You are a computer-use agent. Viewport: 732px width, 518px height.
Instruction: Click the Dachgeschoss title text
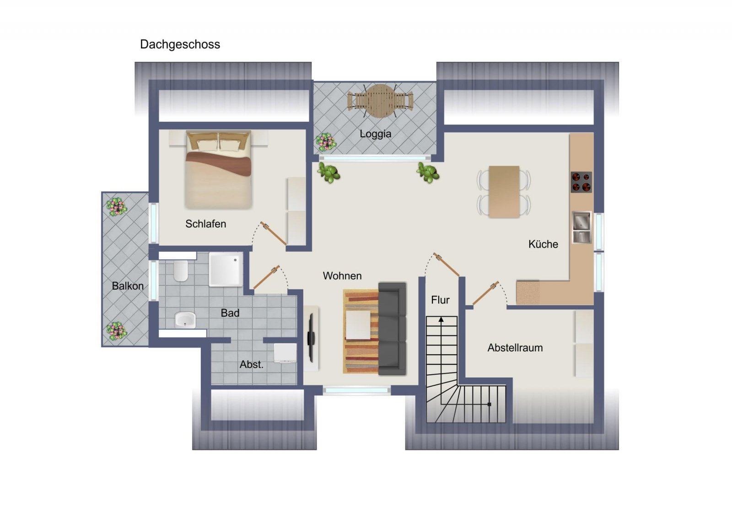pyautogui.click(x=180, y=44)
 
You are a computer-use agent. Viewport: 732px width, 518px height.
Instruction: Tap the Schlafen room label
pyautogui.click(x=205, y=224)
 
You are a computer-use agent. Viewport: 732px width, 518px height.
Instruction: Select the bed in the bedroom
pyautogui.click(x=218, y=169)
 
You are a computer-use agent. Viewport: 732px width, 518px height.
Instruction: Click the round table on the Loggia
pyautogui.click(x=380, y=101)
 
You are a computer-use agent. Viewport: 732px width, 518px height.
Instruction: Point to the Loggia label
pyautogui.click(x=375, y=134)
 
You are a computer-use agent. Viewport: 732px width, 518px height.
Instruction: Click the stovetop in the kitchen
pyautogui.click(x=581, y=182)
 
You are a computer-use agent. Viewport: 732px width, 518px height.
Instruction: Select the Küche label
pyautogui.click(x=543, y=244)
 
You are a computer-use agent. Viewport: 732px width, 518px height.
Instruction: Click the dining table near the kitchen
pyautogui.click(x=504, y=191)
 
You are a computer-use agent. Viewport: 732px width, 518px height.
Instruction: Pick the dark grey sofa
pyautogui.click(x=392, y=328)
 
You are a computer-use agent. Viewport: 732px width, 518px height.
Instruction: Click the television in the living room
pyautogui.click(x=311, y=338)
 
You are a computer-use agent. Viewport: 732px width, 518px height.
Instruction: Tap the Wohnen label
pyautogui.click(x=342, y=275)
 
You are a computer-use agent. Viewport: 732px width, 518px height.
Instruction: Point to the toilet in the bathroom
pyautogui.click(x=181, y=271)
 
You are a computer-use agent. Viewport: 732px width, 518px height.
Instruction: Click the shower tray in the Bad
pyautogui.click(x=226, y=269)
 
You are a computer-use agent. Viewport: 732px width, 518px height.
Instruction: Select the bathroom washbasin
pyautogui.click(x=185, y=319)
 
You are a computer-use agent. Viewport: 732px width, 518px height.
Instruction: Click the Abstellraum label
pyautogui.click(x=515, y=348)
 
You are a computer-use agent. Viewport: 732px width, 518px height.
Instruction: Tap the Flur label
pyautogui.click(x=440, y=300)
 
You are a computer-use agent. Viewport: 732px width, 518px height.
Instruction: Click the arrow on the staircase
pyautogui.click(x=441, y=320)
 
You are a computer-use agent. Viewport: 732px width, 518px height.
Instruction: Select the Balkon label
pyautogui.click(x=128, y=286)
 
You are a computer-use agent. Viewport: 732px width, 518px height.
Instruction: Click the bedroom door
pyautogui.click(x=274, y=233)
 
